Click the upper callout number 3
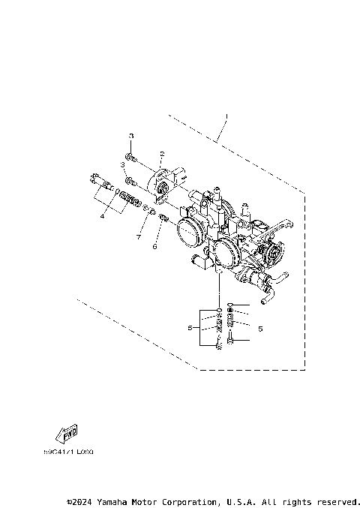click(131, 136)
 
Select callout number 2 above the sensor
click(161, 153)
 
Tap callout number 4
click(102, 215)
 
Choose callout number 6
click(154, 245)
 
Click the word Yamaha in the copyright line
click(118, 500)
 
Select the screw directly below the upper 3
click(130, 157)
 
